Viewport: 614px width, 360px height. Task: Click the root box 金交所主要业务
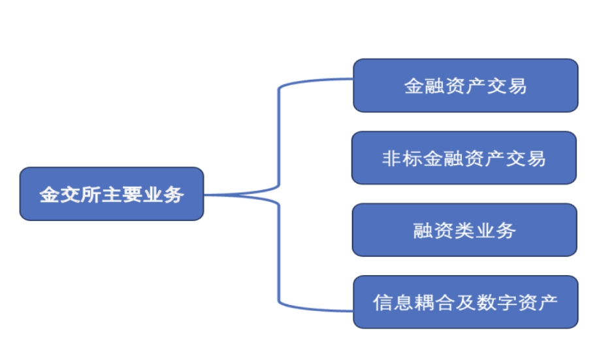click(x=112, y=194)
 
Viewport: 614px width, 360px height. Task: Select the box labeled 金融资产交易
click(x=465, y=86)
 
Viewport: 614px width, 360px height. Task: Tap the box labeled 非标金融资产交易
click(x=464, y=158)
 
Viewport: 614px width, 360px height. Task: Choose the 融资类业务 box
click(x=464, y=230)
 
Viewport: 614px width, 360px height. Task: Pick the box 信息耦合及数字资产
click(x=465, y=302)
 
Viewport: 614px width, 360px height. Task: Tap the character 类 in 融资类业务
click(x=464, y=230)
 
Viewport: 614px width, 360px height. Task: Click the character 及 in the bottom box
click(x=464, y=303)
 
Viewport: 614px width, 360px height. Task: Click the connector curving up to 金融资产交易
click(x=280, y=131)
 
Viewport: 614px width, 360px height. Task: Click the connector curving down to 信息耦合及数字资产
click(x=280, y=261)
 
